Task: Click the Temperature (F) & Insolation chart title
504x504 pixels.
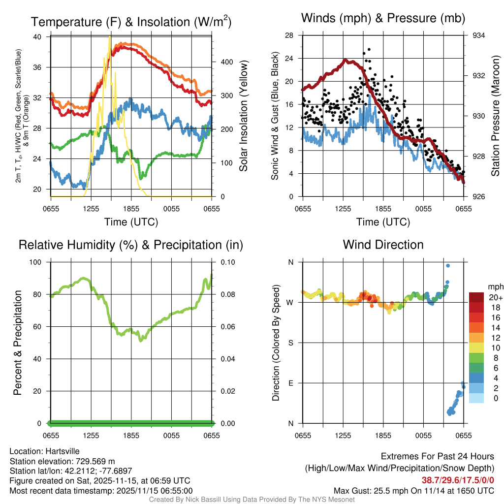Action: (x=131, y=22)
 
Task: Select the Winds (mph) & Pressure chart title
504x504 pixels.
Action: (x=383, y=18)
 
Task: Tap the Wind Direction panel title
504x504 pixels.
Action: (x=383, y=245)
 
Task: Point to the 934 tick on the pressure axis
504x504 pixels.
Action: (x=479, y=35)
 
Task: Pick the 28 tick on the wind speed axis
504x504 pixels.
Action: (x=289, y=35)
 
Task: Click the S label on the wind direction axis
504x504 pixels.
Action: (x=291, y=343)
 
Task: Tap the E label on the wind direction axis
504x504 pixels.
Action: (x=291, y=383)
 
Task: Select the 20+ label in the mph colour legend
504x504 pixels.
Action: (x=495, y=297)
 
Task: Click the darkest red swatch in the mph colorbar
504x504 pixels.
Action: (x=476, y=297)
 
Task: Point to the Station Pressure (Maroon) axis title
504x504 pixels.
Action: (x=496, y=116)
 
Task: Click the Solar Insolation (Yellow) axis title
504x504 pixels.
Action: (x=243, y=116)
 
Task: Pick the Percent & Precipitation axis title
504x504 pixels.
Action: (x=18, y=343)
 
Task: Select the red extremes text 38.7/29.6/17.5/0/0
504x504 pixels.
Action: (x=458, y=480)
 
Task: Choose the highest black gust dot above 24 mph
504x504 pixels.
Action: (x=369, y=50)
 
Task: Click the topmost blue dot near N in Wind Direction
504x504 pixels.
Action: (x=448, y=266)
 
